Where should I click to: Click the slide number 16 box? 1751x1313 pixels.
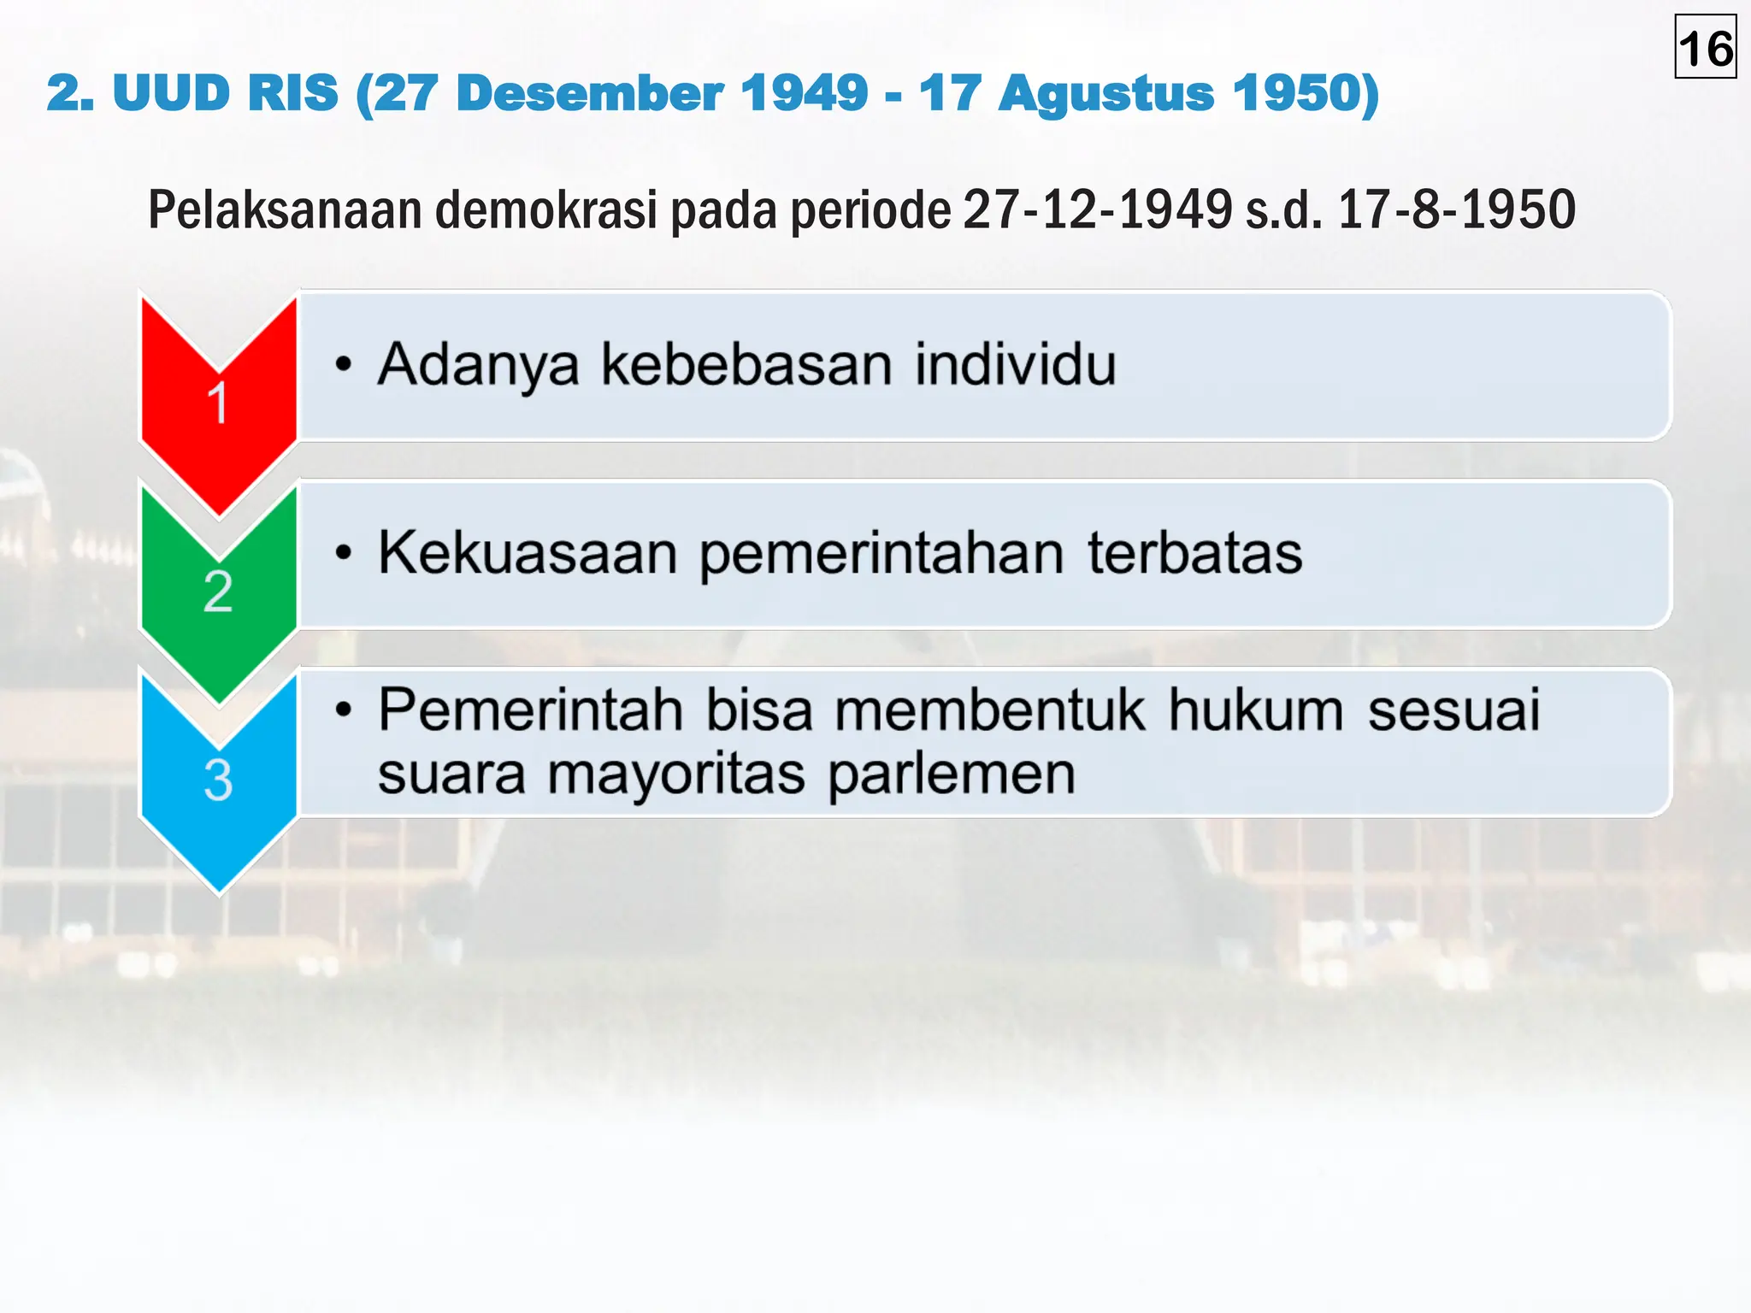pos(1705,48)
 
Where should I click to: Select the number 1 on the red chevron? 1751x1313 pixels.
pos(218,403)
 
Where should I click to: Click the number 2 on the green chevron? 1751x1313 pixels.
pos(218,592)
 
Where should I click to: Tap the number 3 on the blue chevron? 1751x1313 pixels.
pos(218,780)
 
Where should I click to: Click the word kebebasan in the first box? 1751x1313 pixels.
pos(747,365)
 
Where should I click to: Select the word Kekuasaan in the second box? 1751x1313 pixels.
pos(528,553)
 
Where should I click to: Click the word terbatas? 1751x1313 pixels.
pos(1194,553)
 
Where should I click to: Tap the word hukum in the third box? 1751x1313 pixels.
pos(1255,710)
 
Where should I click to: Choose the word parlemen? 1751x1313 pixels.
pos(952,775)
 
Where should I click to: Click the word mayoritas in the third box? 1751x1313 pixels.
pos(675,775)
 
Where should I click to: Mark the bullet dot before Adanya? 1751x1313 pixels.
pos(344,365)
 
